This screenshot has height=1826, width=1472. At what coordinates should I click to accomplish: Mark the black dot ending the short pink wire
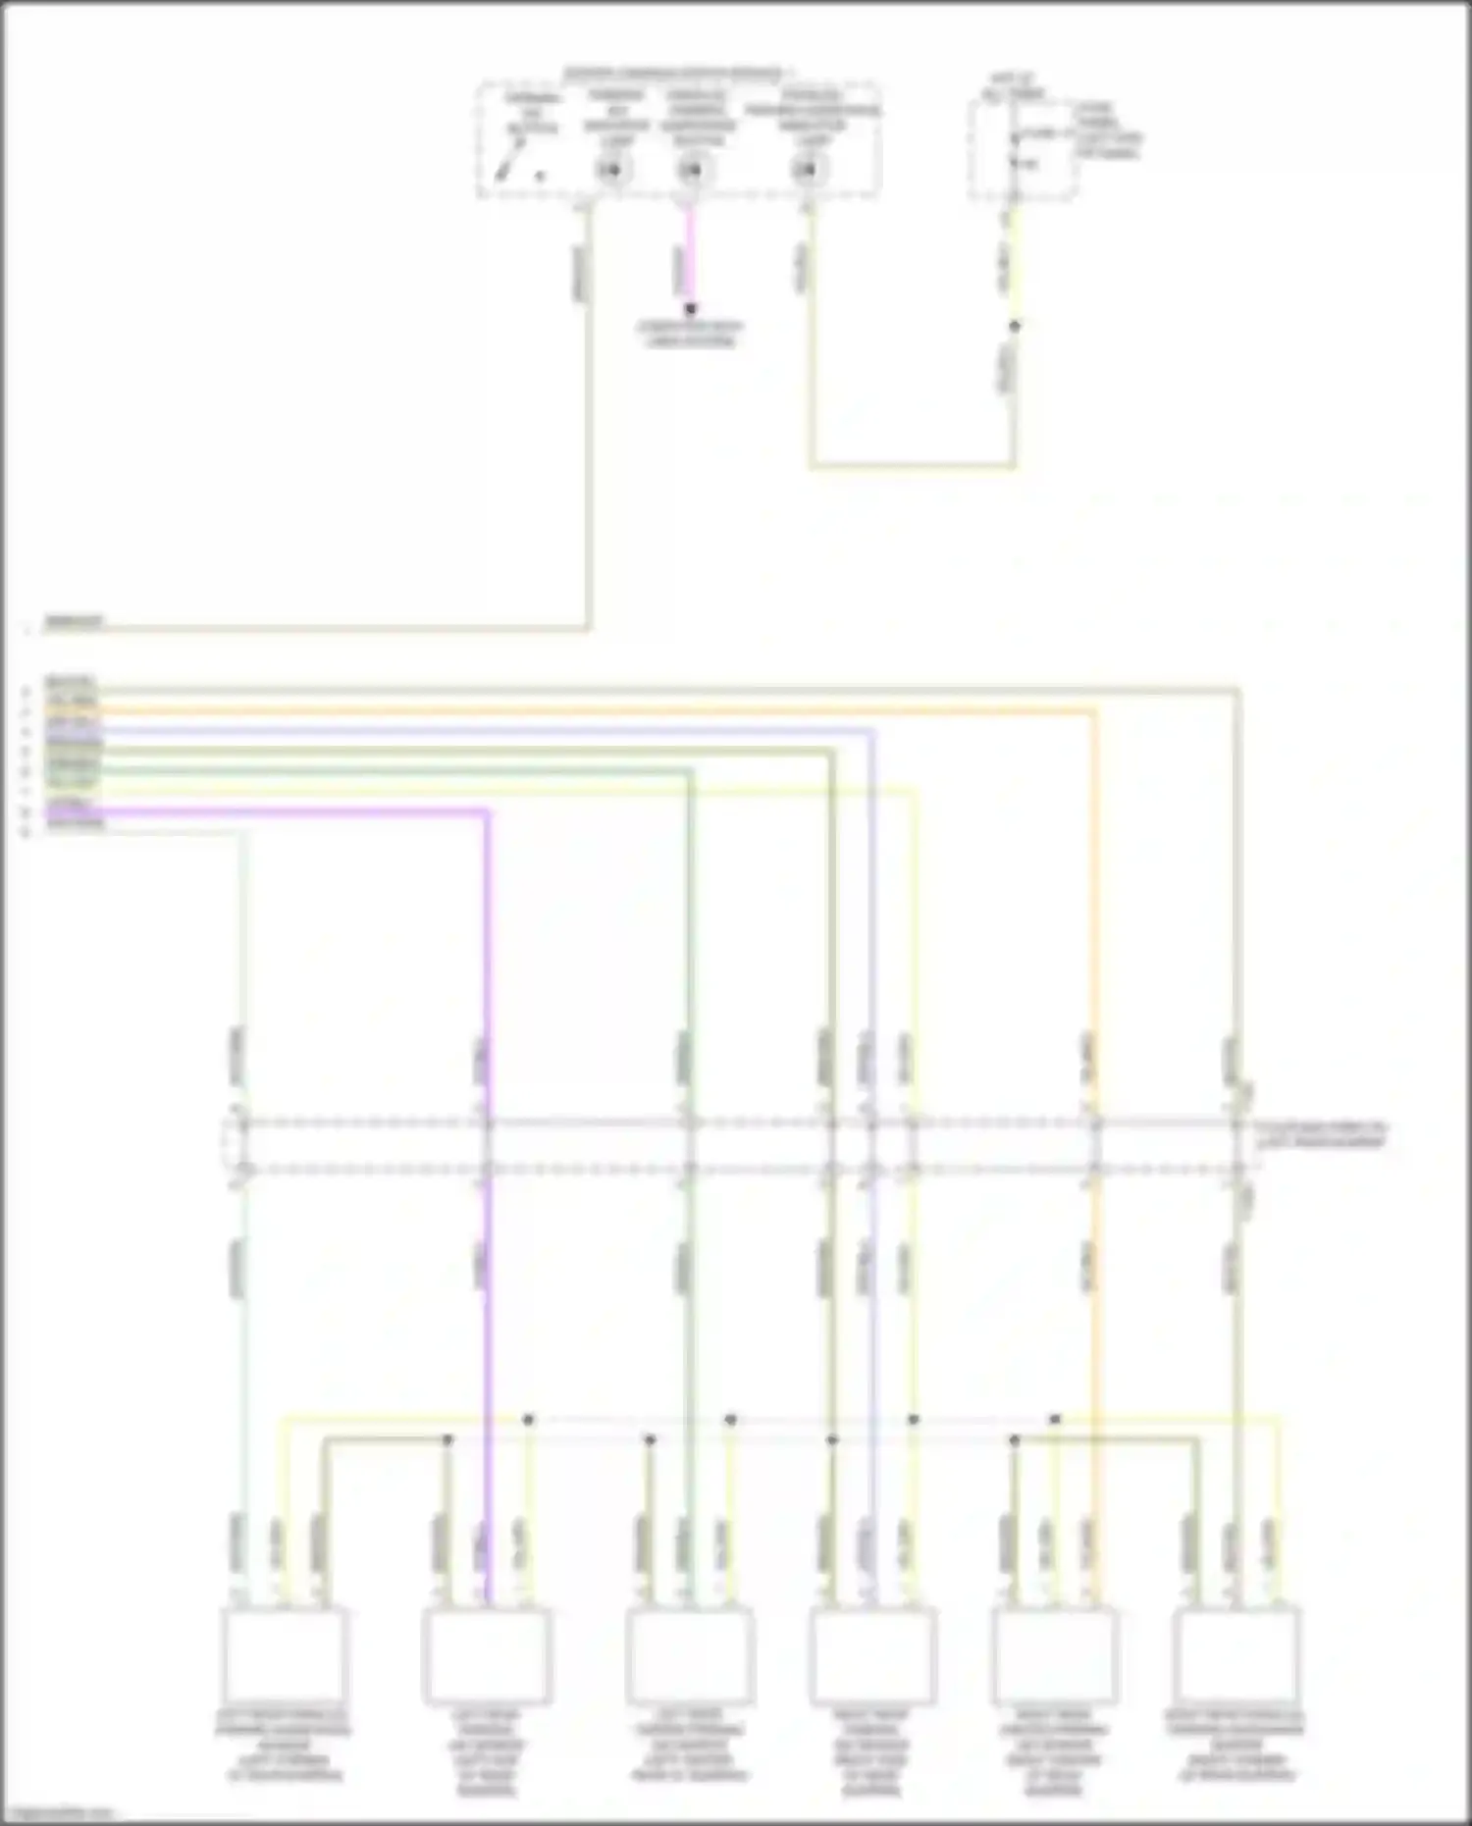691,309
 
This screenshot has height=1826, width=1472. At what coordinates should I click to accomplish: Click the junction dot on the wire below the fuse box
1015,326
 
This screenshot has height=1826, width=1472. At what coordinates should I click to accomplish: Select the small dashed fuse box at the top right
1022,149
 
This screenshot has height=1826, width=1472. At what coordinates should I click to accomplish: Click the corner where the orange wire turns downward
1095,708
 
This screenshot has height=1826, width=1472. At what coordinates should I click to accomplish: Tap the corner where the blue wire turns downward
872,731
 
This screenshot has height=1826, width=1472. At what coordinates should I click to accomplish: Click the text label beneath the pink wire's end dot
691,334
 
